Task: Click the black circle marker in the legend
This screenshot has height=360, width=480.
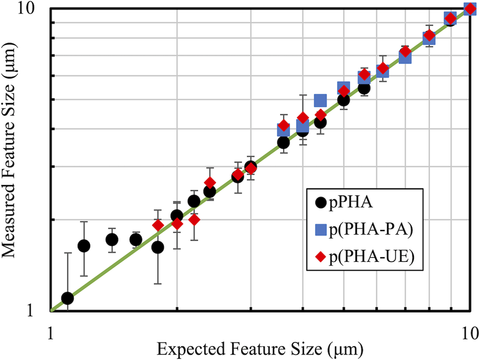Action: click(320, 202)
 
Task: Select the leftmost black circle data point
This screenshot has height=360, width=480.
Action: click(67, 298)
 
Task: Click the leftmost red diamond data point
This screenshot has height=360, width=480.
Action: click(158, 225)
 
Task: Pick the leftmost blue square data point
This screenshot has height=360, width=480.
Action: click(283, 130)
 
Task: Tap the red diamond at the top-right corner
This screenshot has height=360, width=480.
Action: click(470, 10)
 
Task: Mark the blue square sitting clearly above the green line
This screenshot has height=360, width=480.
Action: click(320, 100)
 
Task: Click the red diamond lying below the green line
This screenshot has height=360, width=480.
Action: click(194, 220)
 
